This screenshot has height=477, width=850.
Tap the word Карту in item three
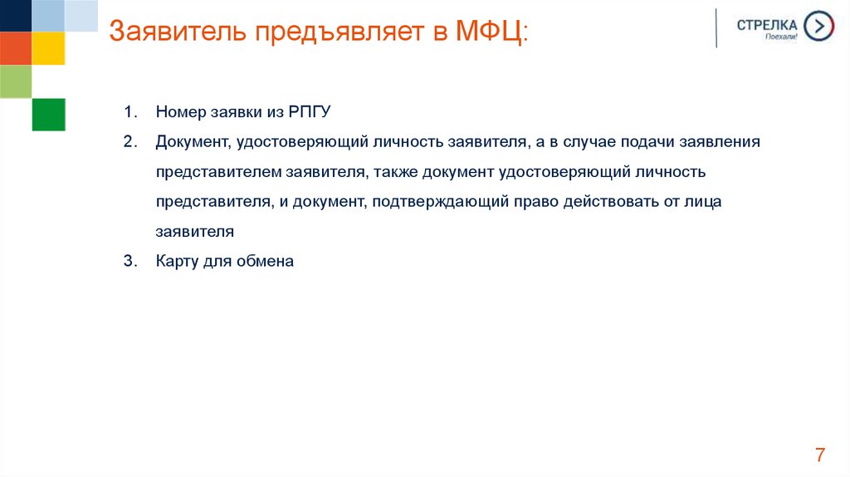coord(175,261)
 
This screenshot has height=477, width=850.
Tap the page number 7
coord(820,455)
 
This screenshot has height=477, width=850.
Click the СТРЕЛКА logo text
coord(766,24)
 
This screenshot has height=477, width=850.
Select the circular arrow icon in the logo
coord(819,26)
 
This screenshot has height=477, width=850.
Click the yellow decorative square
coord(48,48)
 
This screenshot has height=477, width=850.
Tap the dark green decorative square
coord(48,114)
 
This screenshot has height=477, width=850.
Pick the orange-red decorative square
coord(15,48)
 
